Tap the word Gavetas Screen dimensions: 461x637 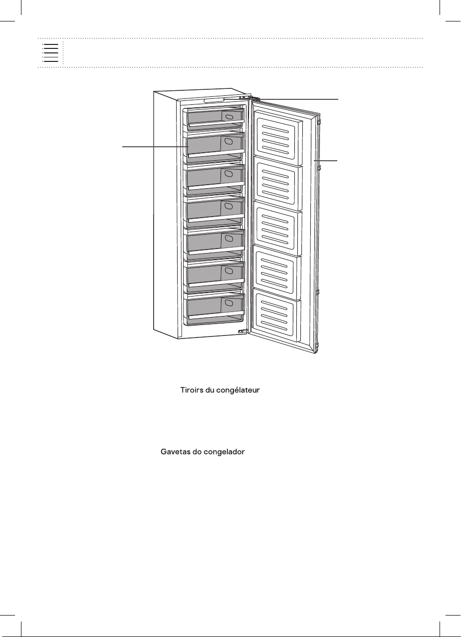pos(175,452)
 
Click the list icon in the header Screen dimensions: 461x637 pos(50,53)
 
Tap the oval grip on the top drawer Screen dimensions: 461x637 pos(229,117)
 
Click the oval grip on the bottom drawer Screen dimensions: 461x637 pos(229,303)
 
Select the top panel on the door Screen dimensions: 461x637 pos(278,138)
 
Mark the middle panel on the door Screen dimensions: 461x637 pos(277,230)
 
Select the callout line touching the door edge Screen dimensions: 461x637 pos(325,161)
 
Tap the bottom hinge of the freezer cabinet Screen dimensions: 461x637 pos(242,331)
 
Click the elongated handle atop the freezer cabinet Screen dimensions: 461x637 pos(214,100)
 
